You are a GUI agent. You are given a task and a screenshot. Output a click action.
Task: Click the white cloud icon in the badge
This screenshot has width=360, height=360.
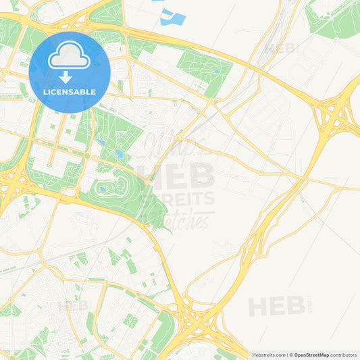(x=70, y=58)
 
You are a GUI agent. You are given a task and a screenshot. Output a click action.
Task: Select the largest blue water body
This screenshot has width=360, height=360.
(x=173, y=18)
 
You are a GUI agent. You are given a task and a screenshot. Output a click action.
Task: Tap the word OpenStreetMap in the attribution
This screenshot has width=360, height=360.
(x=311, y=355)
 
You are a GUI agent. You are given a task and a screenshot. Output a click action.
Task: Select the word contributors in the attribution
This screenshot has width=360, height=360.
(x=343, y=355)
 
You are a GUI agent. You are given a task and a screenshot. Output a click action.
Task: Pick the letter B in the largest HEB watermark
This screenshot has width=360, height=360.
(x=200, y=174)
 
